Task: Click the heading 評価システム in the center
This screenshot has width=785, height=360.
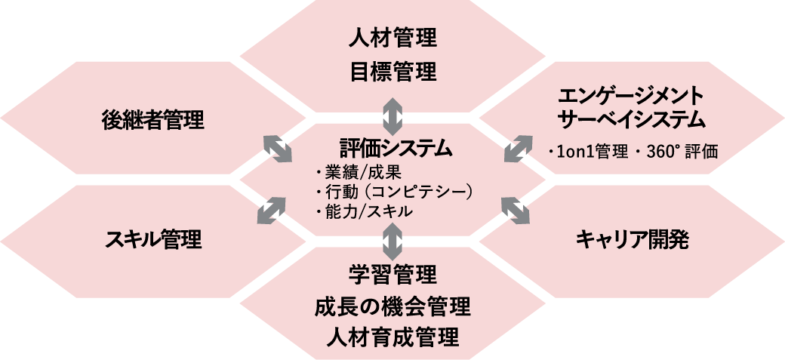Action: point(396,146)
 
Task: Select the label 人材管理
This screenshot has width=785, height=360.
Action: point(393,36)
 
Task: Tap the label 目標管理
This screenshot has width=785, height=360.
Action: point(393,72)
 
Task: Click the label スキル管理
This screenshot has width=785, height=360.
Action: point(153,240)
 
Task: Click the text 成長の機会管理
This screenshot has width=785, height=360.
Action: point(392,306)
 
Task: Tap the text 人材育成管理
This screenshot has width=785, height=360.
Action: point(392,337)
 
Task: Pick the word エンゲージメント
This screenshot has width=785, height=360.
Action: point(630,96)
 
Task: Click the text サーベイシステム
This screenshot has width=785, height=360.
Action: point(630,120)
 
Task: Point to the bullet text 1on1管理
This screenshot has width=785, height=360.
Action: point(591,152)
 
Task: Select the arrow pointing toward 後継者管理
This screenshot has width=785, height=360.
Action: point(277,148)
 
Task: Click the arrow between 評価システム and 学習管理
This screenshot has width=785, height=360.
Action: point(392,241)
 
